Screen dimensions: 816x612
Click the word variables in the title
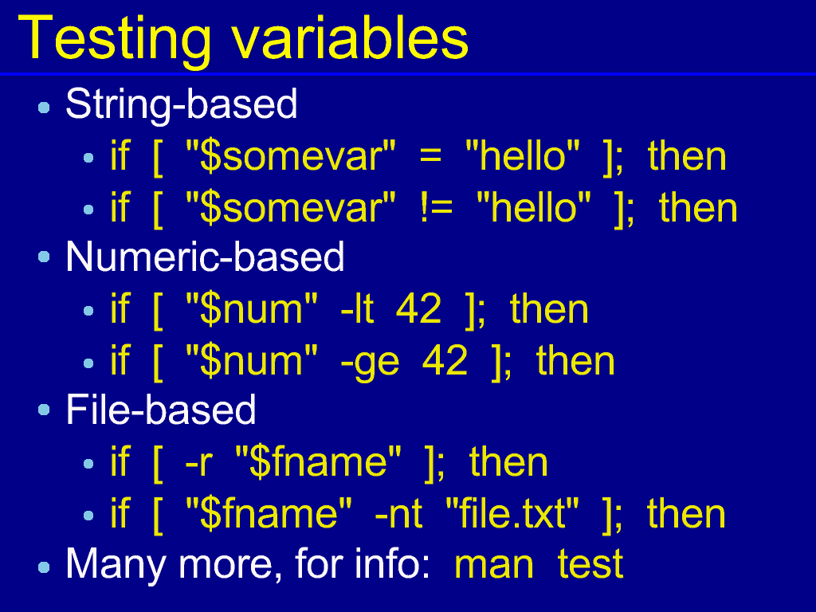(x=350, y=37)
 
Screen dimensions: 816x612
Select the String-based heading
(x=182, y=104)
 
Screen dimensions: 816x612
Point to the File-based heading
(x=161, y=409)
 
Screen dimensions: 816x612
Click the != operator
(x=436, y=208)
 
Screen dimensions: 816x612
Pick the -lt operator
(x=357, y=309)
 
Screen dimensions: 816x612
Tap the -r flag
(x=198, y=463)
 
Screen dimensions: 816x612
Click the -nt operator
(x=398, y=514)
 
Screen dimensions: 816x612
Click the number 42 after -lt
(x=418, y=309)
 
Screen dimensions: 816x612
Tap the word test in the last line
(x=590, y=564)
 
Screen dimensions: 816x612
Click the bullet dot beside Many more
(x=45, y=567)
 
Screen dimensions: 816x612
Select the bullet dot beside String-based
(x=45, y=108)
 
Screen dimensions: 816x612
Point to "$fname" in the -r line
(x=319, y=462)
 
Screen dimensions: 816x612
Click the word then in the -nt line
(x=686, y=513)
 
